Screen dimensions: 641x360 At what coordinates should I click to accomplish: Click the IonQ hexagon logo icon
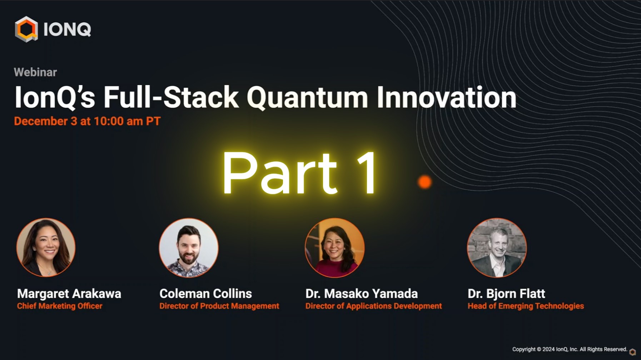tap(26, 29)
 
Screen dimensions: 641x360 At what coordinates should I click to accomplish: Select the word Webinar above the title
tap(35, 72)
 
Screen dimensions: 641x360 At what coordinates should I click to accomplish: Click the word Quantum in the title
tap(307, 97)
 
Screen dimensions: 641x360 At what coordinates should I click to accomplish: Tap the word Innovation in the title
tap(447, 97)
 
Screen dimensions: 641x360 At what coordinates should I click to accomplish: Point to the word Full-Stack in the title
tap(171, 97)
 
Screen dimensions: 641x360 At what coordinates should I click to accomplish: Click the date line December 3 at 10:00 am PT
tap(87, 121)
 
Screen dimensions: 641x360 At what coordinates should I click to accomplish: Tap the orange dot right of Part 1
tap(425, 182)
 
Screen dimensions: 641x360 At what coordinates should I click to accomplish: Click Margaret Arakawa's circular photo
tap(46, 247)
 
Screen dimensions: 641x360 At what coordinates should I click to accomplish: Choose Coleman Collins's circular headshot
tap(189, 247)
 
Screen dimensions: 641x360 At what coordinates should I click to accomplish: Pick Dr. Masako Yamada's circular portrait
tap(335, 247)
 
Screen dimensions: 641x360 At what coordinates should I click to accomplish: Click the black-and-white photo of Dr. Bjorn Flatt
tap(497, 247)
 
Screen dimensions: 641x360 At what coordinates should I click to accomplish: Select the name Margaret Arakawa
tap(69, 294)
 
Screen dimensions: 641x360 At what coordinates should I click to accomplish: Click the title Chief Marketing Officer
tap(60, 306)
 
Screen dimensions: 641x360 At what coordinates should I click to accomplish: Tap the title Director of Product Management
tap(219, 306)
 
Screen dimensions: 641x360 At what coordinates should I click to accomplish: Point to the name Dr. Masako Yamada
tap(362, 294)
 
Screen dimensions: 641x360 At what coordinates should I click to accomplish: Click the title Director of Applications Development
tap(374, 306)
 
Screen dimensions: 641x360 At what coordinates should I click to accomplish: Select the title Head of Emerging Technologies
tap(526, 306)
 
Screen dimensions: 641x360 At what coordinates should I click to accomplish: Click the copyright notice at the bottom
tap(570, 349)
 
